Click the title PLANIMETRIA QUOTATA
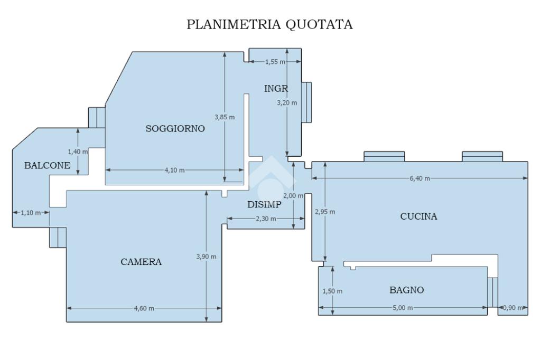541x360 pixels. (x=269, y=24)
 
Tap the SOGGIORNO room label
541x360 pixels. (x=175, y=129)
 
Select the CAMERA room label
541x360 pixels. (x=141, y=262)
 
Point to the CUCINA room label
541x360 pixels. (x=418, y=216)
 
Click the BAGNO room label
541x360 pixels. (x=406, y=290)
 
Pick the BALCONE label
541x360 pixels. (x=47, y=166)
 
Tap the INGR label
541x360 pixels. (x=276, y=89)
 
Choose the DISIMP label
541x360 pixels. (x=264, y=204)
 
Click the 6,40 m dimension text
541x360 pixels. (x=419, y=178)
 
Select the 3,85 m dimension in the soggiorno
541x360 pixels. (x=224, y=117)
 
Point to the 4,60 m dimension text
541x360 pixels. (x=144, y=309)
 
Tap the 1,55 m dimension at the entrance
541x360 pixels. (x=275, y=62)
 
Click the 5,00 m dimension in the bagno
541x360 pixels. (x=403, y=308)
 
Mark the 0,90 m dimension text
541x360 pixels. (x=513, y=308)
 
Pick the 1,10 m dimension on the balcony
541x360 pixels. (x=31, y=213)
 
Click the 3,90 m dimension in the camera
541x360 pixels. (x=207, y=257)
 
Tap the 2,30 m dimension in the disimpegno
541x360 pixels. (x=266, y=219)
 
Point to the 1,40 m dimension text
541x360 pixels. (x=78, y=151)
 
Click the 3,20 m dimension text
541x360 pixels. (x=287, y=103)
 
